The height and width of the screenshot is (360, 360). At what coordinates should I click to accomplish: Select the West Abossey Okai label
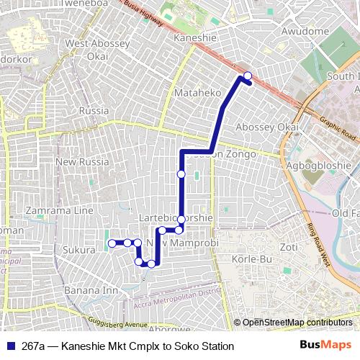coord(98,50)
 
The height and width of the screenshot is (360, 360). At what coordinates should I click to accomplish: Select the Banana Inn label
coord(91,291)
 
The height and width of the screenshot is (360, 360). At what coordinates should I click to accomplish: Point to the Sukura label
coord(79,250)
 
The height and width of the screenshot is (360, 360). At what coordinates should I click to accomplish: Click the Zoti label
coord(289,247)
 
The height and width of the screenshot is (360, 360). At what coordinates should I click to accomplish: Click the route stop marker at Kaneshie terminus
coord(248,76)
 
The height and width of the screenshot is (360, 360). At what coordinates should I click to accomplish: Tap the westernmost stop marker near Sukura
coord(112,244)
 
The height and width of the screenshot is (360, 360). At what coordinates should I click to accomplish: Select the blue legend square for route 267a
coord(10,346)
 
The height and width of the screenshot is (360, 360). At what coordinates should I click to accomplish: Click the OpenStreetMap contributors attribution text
coord(297,323)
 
